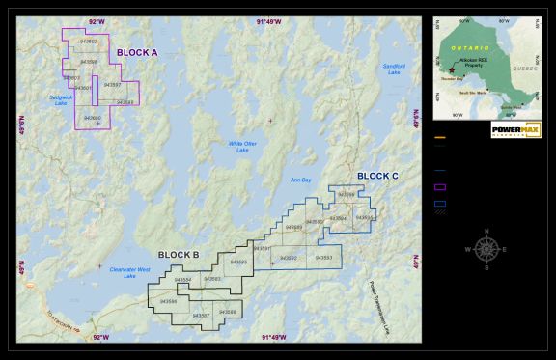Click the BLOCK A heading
[137, 52]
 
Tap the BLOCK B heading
[179, 255]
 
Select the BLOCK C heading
[377, 176]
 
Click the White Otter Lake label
[242, 147]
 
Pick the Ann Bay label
[301, 180]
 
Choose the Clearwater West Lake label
[129, 272]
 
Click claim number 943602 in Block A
[89, 42]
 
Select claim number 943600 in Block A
[93, 118]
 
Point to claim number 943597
[112, 85]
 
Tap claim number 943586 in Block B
[168, 301]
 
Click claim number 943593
[323, 258]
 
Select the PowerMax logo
[516, 129]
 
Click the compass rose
[487, 248]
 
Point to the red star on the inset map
[452, 71]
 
